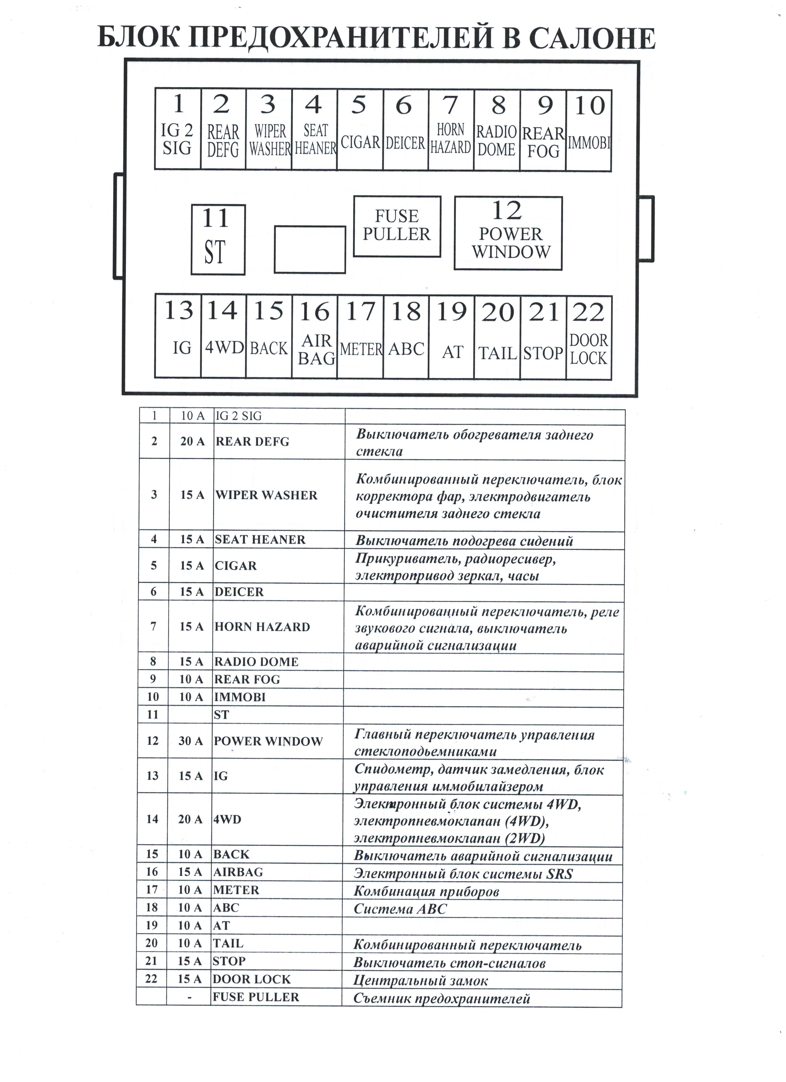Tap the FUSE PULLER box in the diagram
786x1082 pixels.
click(x=397, y=226)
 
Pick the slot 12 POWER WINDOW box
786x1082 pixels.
click(x=508, y=233)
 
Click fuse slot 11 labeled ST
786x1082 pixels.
click(x=218, y=239)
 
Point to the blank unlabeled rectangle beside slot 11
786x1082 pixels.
click(x=310, y=249)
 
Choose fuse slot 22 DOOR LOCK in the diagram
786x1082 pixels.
click(x=589, y=338)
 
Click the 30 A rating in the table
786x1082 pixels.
click(x=191, y=741)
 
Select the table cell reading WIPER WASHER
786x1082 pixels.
click(x=266, y=495)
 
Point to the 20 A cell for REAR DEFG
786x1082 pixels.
click(x=192, y=442)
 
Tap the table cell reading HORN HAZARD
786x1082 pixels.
click(x=262, y=627)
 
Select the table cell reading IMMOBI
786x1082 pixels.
click(x=240, y=697)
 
